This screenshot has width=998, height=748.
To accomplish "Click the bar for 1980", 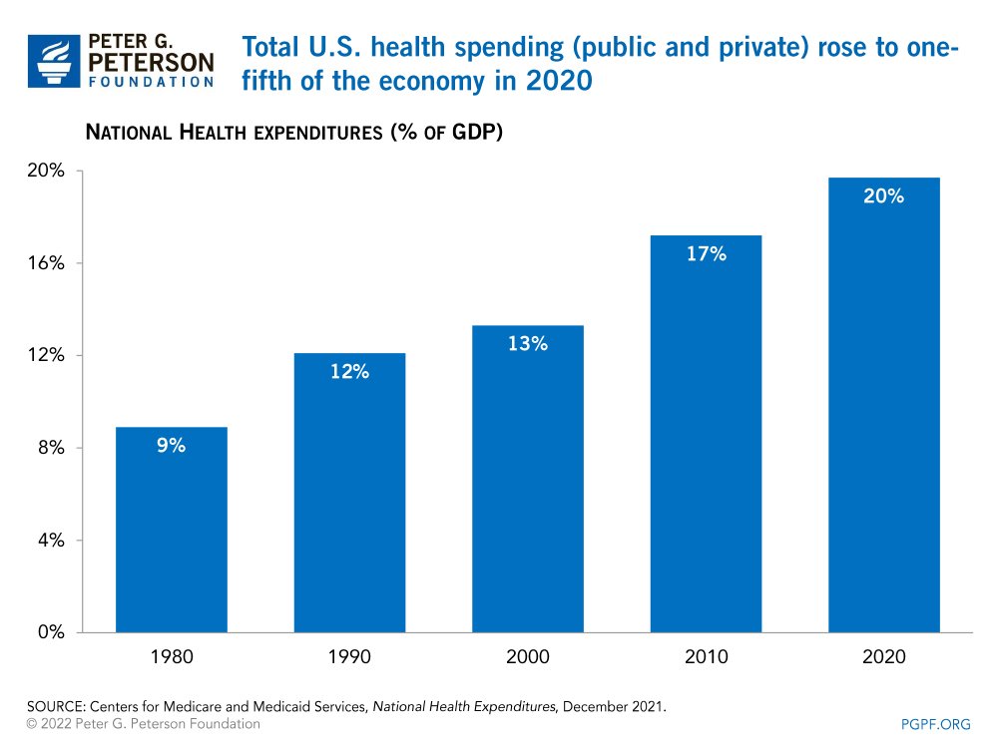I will (171, 530).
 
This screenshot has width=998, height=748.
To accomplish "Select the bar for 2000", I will (527, 479).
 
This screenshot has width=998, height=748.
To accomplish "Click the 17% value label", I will (706, 254).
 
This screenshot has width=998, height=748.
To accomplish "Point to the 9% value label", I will (171, 446).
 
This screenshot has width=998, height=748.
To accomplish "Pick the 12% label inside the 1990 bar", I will (349, 372).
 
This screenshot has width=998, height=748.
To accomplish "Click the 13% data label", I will (527, 344).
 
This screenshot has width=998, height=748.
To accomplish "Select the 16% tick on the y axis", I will (45, 263).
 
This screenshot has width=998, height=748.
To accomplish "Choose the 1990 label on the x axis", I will (349, 657).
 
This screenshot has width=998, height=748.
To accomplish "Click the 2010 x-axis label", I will (706, 657).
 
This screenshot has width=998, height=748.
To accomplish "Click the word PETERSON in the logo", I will (152, 63).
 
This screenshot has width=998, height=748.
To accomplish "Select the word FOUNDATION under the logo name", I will (152, 83).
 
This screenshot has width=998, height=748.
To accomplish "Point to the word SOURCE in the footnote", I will (52, 706).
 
